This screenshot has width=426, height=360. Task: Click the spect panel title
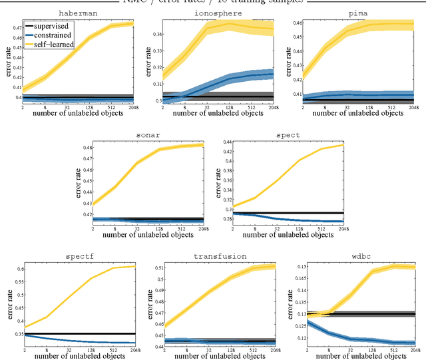coord(288,134)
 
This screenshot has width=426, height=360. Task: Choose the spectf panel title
coord(79,256)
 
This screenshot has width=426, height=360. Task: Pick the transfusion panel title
coord(219,256)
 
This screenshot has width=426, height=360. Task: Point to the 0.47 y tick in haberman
coord(13,29)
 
